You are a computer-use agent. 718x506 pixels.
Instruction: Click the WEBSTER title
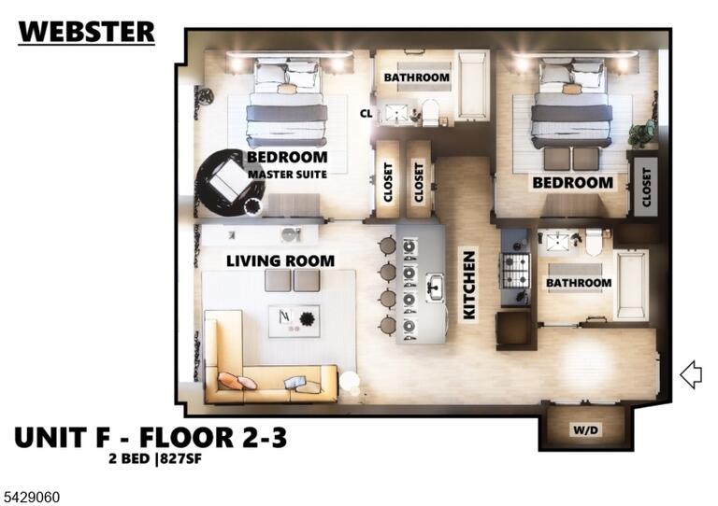click(x=87, y=32)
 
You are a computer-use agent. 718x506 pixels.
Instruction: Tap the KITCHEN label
click(x=469, y=286)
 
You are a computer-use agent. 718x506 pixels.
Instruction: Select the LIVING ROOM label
click(x=280, y=261)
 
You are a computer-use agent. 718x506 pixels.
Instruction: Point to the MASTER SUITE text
click(x=288, y=175)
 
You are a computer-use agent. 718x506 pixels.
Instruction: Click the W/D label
click(x=585, y=430)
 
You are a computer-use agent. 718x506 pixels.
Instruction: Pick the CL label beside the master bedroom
click(x=366, y=113)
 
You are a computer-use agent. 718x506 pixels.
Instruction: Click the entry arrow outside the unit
click(x=691, y=374)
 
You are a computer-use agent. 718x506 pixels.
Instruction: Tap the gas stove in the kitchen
click(x=516, y=271)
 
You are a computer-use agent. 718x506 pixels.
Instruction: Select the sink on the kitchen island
click(x=435, y=288)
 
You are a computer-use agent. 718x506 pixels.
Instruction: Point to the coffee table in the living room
click(x=294, y=321)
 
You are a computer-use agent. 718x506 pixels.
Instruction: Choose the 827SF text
click(x=180, y=458)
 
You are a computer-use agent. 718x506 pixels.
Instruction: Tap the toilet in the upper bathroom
click(x=430, y=112)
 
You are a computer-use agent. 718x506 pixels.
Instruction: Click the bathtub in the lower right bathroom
click(x=631, y=285)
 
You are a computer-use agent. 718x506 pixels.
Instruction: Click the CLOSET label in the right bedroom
click(x=646, y=187)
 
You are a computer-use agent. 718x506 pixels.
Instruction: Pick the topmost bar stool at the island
click(x=387, y=246)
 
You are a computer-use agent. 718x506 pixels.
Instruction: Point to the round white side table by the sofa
click(x=350, y=382)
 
